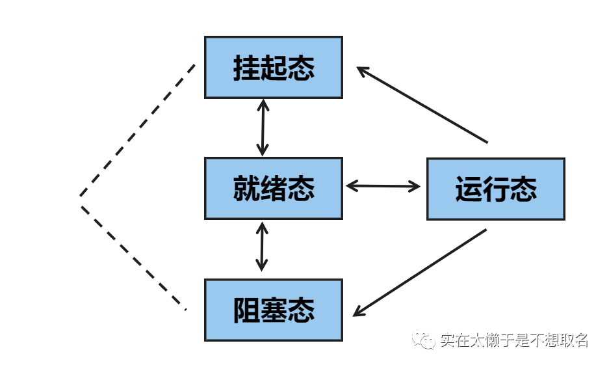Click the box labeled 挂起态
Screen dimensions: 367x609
[273, 68]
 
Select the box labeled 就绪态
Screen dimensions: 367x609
[273, 188]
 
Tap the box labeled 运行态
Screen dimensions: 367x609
[495, 189]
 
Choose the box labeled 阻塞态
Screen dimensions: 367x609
[273, 310]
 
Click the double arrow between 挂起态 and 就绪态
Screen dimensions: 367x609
[262, 128]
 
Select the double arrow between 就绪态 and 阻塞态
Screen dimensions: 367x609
[261, 247]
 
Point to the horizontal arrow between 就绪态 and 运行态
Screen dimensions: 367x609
[383, 186]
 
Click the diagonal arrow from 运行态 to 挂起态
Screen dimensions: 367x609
[422, 105]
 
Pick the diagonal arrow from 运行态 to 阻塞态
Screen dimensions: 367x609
[420, 273]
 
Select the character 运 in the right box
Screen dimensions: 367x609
[468, 189]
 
